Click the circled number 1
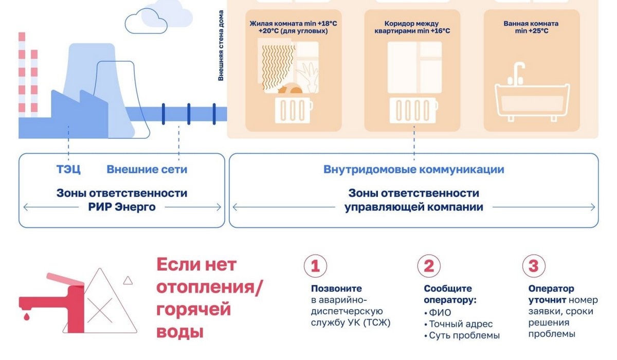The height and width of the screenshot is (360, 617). tap(315, 266)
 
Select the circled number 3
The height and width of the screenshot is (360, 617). tap(533, 266)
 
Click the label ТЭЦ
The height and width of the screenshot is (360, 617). tap(68, 169)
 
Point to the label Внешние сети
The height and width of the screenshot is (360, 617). tap(147, 169)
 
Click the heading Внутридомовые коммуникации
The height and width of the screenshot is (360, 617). tap(413, 169)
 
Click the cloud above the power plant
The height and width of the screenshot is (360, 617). tap(147, 21)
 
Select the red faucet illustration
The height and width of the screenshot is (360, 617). tap(57, 298)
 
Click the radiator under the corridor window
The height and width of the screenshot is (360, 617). tap(413, 110)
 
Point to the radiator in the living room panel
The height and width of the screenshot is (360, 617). tap(293, 110)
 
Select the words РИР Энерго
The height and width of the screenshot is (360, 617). tap(121, 207)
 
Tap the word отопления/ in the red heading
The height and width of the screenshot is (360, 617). tap(209, 288)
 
